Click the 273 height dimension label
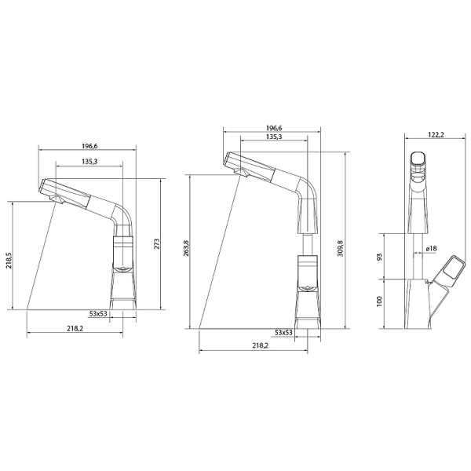point(157,244)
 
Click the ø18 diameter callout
point(431,250)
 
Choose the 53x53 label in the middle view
point(283,333)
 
